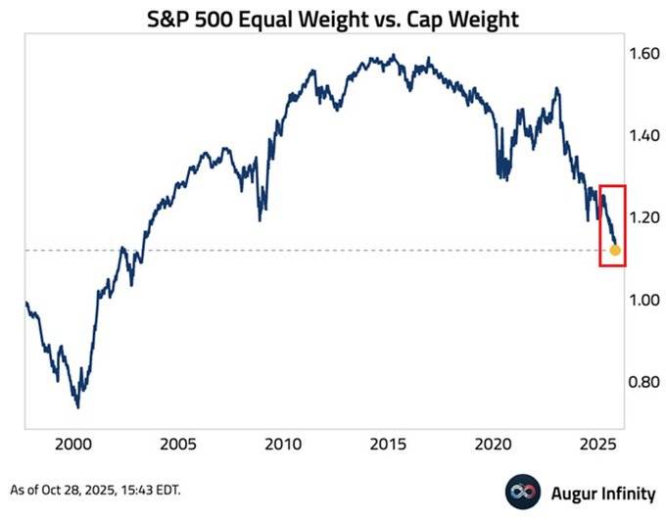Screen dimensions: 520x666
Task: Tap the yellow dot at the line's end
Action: click(615, 251)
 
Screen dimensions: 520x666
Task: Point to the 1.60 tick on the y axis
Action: click(644, 54)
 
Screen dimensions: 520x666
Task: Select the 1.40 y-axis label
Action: click(644, 136)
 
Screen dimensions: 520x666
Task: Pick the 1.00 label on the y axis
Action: click(644, 300)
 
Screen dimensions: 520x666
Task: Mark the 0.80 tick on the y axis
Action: click(644, 382)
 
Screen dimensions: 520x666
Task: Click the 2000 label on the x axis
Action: click(75, 444)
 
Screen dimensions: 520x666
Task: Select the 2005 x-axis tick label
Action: click(180, 444)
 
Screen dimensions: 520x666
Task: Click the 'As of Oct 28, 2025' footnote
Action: click(95, 488)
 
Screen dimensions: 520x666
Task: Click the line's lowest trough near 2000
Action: click(77, 406)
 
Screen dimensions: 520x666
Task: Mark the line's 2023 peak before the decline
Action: click(557, 89)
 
